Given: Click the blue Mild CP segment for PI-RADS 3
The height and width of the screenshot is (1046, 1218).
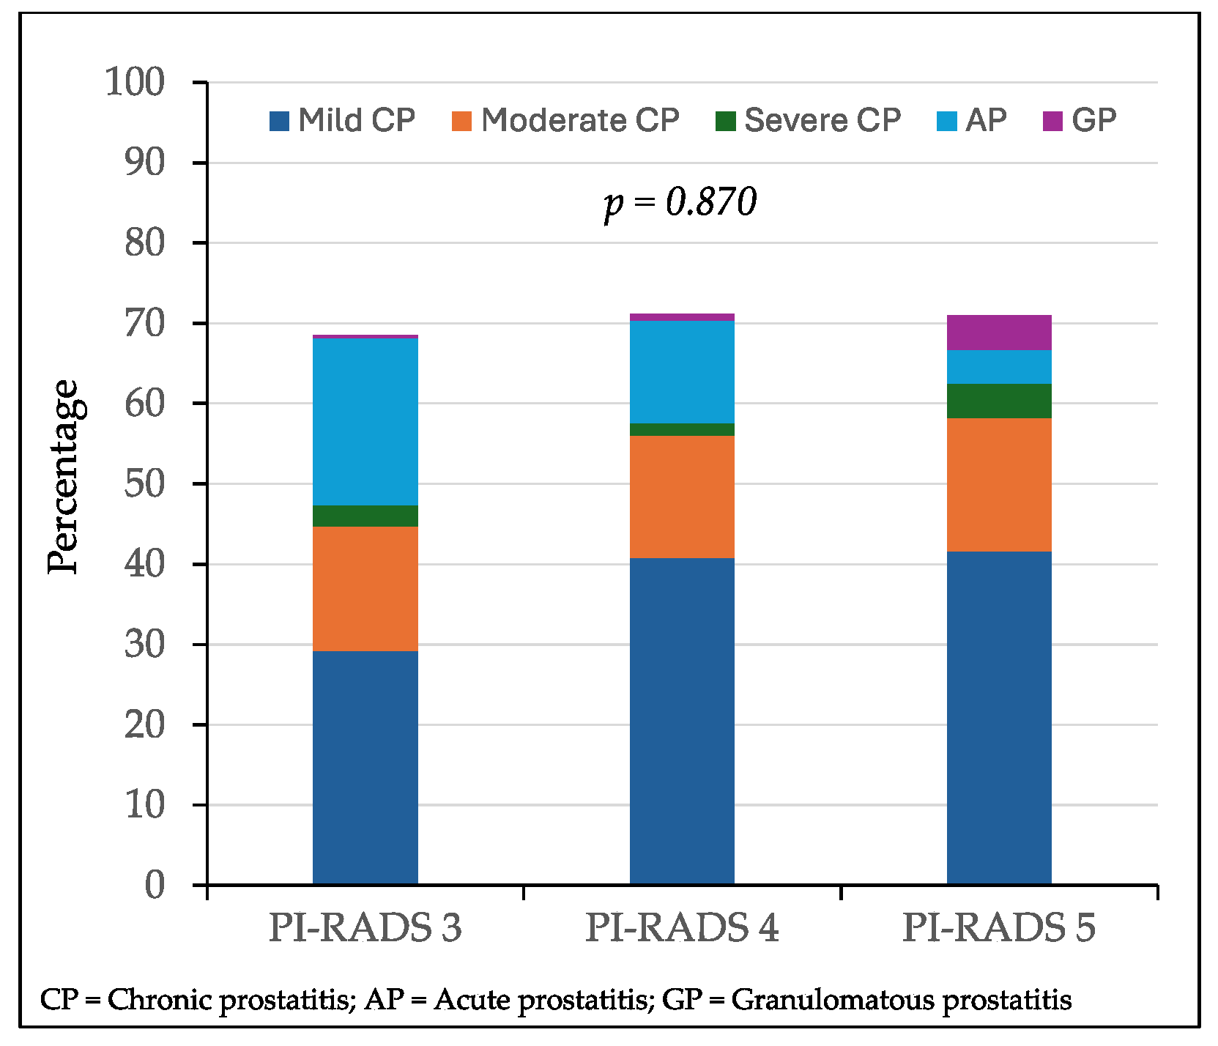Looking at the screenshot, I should pos(365,768).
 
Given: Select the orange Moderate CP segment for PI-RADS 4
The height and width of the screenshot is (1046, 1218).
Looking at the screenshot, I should pos(682,497).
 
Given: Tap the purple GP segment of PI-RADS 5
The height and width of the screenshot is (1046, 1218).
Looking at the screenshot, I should pos(999,333).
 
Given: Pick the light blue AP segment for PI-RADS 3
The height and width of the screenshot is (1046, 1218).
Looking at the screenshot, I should pos(365,421).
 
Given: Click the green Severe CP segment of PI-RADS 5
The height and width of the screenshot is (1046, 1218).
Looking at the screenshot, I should pos(999,401).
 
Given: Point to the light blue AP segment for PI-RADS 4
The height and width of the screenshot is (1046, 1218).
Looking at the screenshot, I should pos(682,372).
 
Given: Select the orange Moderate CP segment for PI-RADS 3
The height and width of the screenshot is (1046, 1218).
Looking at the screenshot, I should pos(365,588).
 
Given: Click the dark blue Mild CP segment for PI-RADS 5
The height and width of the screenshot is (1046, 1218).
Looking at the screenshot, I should pos(999,718).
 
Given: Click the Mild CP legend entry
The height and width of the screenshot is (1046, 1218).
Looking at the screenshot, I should pos(342,120).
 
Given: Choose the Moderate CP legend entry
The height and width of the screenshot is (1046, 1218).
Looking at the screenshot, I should pos(565,120).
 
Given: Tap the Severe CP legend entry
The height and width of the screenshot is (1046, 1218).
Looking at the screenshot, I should pos(808,120).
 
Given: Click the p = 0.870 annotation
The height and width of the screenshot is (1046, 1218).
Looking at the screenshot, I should pos(680,203).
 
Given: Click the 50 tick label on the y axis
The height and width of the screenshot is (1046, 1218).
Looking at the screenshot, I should pos(144,483).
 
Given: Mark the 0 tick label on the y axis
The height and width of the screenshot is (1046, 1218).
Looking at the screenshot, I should pos(155,886).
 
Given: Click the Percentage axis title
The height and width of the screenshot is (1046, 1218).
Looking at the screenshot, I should pos(63,478).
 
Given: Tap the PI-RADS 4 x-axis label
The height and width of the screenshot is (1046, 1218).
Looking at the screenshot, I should pos(682,928).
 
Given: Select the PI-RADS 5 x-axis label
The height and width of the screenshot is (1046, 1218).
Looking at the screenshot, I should pos(999,928).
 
